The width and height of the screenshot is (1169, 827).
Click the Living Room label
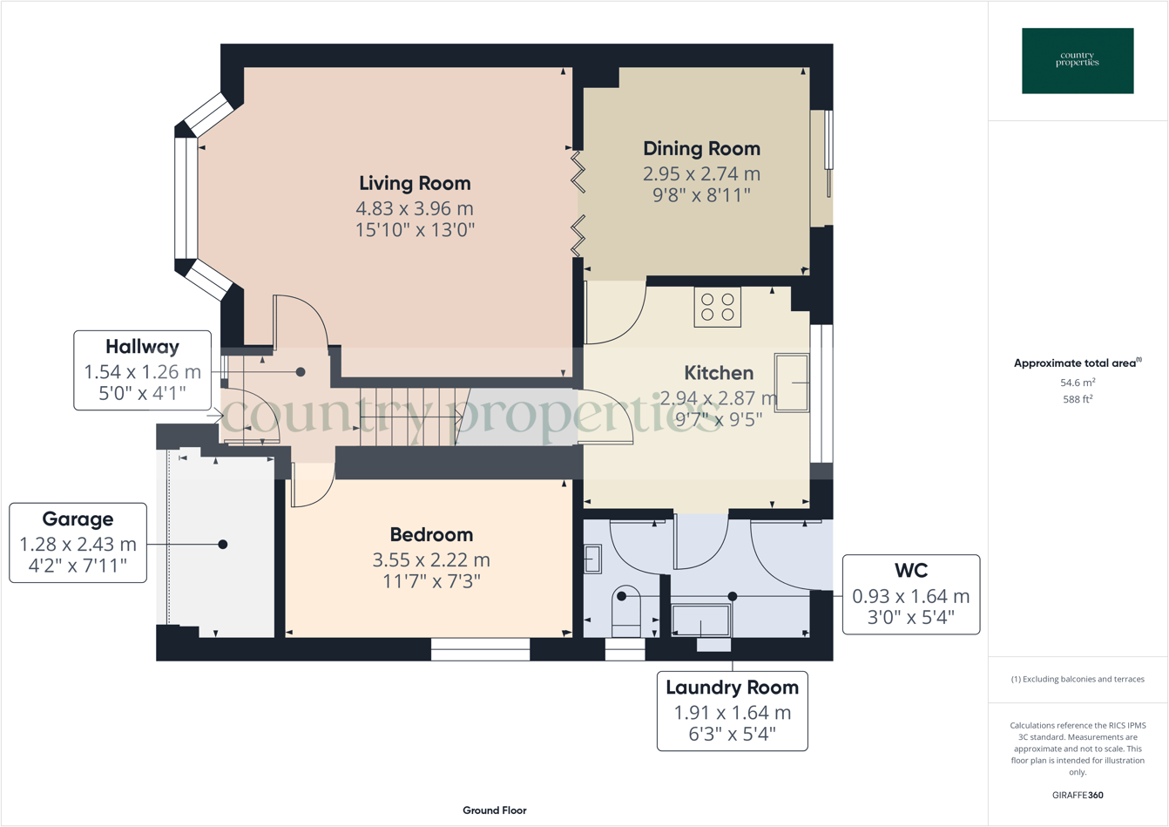(x=415, y=183)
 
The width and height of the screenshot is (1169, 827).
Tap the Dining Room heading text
(x=701, y=149)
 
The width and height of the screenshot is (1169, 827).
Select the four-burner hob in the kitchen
(x=717, y=307)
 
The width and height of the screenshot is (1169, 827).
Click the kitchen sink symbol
(x=791, y=382)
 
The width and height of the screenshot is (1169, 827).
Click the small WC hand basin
(x=592, y=559)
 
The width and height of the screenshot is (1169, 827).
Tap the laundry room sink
(x=700, y=620)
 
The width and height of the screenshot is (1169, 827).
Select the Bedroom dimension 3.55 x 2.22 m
(x=431, y=559)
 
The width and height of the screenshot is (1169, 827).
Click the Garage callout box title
(x=78, y=519)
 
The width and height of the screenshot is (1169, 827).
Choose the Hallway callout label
(x=142, y=347)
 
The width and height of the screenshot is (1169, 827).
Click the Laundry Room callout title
(x=732, y=688)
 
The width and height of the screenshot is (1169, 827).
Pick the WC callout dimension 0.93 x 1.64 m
(x=910, y=596)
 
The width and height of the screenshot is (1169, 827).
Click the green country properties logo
(x=1078, y=61)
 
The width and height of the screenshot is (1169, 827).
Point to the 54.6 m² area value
(x=1078, y=383)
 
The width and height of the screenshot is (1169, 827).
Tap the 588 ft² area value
(x=1078, y=399)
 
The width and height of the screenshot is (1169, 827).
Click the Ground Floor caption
(x=494, y=810)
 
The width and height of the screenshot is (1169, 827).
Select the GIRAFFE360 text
(x=1078, y=795)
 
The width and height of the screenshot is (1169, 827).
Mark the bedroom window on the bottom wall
(x=480, y=649)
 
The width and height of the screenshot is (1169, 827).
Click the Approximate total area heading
(x=1077, y=363)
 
